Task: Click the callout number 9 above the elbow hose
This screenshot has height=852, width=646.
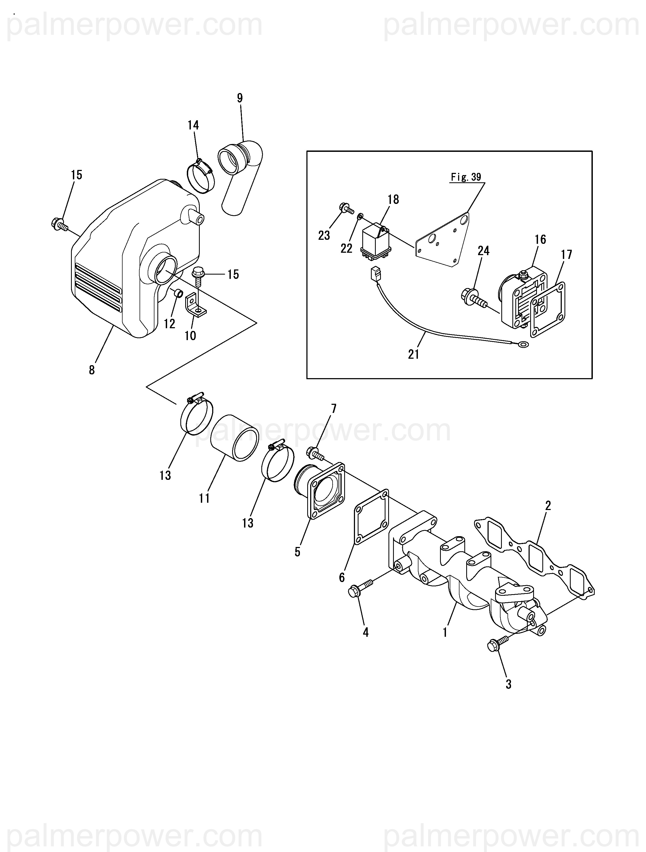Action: point(240,98)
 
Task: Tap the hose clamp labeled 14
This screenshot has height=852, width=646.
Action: point(200,177)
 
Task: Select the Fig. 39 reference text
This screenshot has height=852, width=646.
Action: point(466,177)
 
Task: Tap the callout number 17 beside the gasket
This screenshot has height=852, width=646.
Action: point(566,255)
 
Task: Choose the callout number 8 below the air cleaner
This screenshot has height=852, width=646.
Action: point(92,370)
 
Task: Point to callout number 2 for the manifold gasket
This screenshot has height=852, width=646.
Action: point(548,506)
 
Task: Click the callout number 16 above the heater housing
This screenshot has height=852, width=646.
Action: point(540,239)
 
